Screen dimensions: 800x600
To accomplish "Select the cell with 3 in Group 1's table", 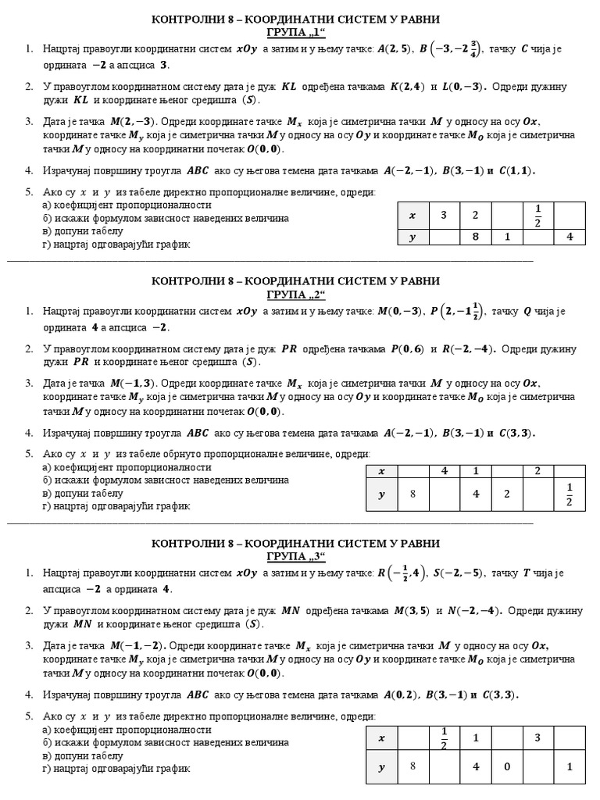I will [444, 214].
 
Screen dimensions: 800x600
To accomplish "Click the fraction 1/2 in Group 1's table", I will [537, 214].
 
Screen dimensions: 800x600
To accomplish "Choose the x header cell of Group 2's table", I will [381, 471].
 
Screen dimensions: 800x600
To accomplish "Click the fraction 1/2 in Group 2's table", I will [569, 495].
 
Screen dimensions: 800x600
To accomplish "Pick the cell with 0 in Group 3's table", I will [506, 766].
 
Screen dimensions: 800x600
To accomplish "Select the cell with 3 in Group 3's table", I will [537, 737].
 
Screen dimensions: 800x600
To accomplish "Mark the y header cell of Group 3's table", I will [381, 766].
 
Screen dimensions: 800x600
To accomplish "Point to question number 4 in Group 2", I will [29, 433].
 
